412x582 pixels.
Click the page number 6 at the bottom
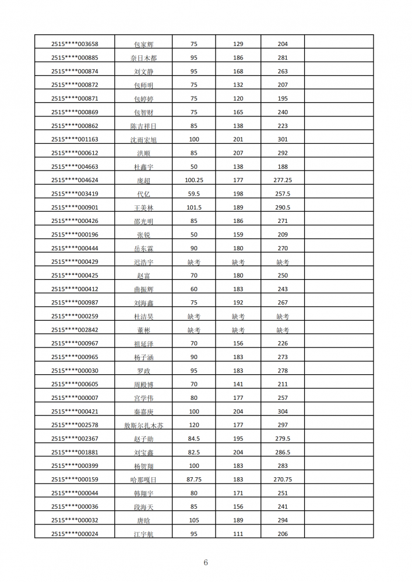tap(206, 562)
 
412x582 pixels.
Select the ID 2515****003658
tap(75, 44)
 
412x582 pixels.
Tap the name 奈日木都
tap(143, 58)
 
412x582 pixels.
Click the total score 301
tap(283, 140)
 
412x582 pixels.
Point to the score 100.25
tap(194, 180)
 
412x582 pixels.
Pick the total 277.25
tap(283, 180)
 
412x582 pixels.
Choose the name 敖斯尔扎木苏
tap(143, 425)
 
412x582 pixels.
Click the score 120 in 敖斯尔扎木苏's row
tap(194, 425)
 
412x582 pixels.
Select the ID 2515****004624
tap(75, 180)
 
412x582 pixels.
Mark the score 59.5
tap(194, 194)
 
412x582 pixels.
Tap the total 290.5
tap(283, 208)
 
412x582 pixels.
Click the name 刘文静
tap(143, 72)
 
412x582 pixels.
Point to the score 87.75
tap(194, 480)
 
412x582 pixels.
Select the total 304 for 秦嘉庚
tap(283, 411)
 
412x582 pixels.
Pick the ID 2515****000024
tap(75, 534)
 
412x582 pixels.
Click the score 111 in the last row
tap(238, 534)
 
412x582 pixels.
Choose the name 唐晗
tap(143, 520)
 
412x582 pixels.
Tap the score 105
tap(194, 520)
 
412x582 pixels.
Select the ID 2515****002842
tap(75, 330)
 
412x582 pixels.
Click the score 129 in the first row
tap(238, 44)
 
